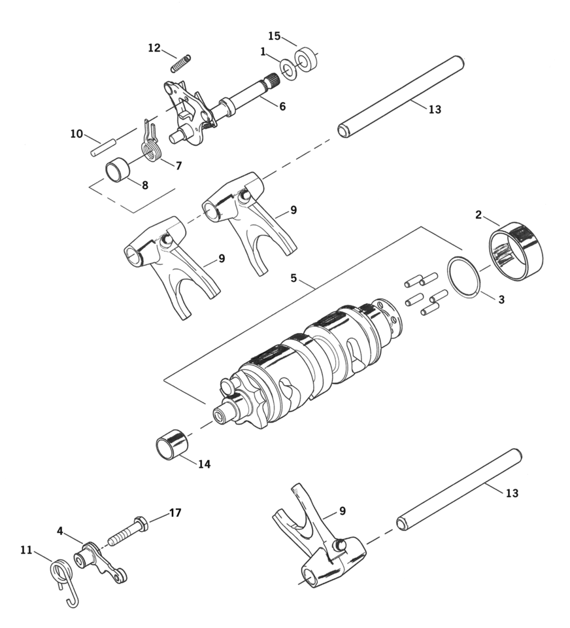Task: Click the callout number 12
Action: pos(154,48)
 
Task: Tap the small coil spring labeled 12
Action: pos(180,63)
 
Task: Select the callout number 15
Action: pos(274,35)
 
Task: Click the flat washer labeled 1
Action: pos(288,69)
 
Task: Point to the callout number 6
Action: pos(282,106)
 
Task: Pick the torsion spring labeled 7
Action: pos(151,145)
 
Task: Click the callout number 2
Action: pos(478,215)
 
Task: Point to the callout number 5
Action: pos(293,278)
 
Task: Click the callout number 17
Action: pos(175,513)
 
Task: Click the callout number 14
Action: pos(205,464)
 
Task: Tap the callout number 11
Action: pos(26,550)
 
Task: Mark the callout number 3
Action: pos(501,300)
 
